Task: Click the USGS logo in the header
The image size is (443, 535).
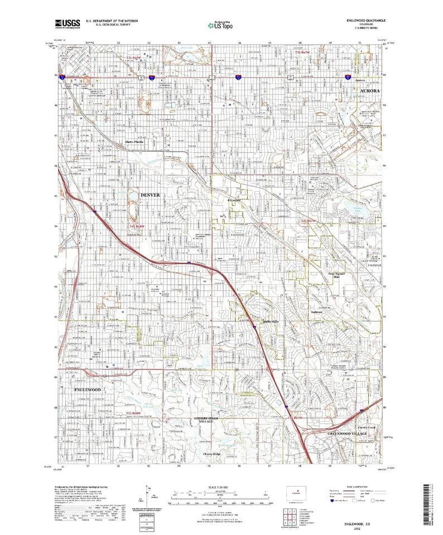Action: point(68,23)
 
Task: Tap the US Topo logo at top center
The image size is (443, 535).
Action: point(222,25)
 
